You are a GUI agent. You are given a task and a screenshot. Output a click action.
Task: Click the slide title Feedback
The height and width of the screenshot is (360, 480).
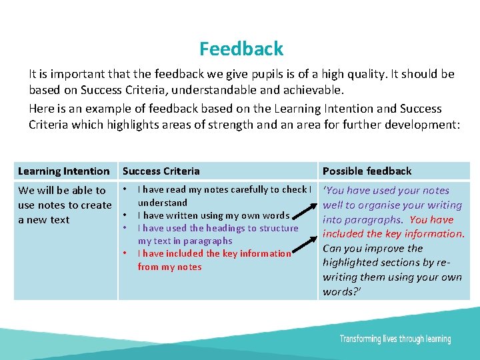pos(241,49)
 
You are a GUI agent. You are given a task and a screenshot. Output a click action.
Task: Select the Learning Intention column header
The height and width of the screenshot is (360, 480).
pos(64,171)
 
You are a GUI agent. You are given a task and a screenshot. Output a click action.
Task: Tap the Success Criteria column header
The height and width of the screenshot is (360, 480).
pos(161,171)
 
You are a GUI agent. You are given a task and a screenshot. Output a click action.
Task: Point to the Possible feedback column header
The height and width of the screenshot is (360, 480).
pos(367,171)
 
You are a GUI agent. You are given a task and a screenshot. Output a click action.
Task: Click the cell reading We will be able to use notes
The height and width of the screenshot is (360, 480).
pos(65,205)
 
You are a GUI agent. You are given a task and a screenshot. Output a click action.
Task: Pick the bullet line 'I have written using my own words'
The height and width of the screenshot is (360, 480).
pos(213,215)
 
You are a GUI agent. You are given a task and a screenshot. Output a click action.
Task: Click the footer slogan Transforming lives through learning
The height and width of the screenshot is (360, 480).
pos(395,339)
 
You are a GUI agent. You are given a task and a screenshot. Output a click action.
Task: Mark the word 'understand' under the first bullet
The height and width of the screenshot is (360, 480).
pos(163,203)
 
